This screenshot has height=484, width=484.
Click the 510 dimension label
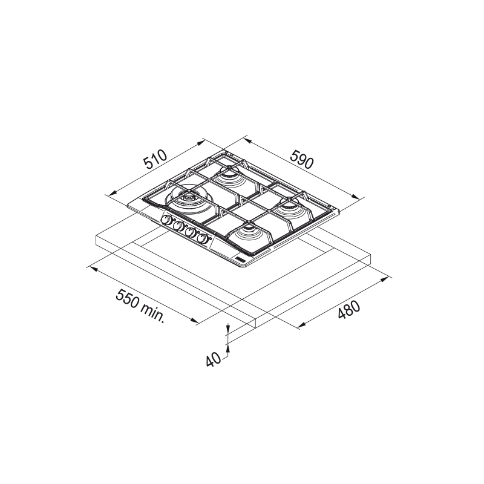coord(156,160)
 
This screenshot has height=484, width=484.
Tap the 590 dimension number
coord(301,159)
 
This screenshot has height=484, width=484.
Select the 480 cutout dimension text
coord(349,309)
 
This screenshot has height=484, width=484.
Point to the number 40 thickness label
coord(214,359)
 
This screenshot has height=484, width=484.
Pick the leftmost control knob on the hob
coord(167,220)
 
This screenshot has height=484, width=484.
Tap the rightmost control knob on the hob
coord(203,238)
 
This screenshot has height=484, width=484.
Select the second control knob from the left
coord(178,226)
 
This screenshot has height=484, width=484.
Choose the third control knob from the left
coord(191,232)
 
